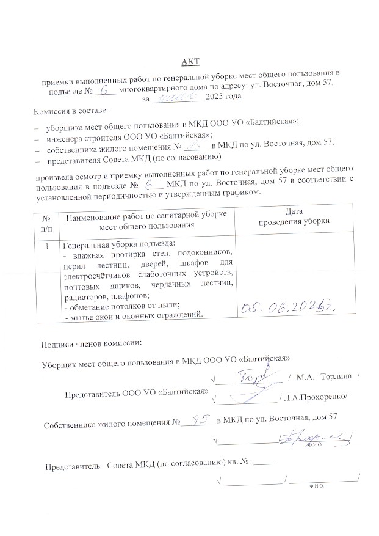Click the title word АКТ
190,62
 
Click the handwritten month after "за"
176,97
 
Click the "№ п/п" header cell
46,222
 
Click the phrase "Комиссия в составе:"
70,112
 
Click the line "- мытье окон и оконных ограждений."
133,315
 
